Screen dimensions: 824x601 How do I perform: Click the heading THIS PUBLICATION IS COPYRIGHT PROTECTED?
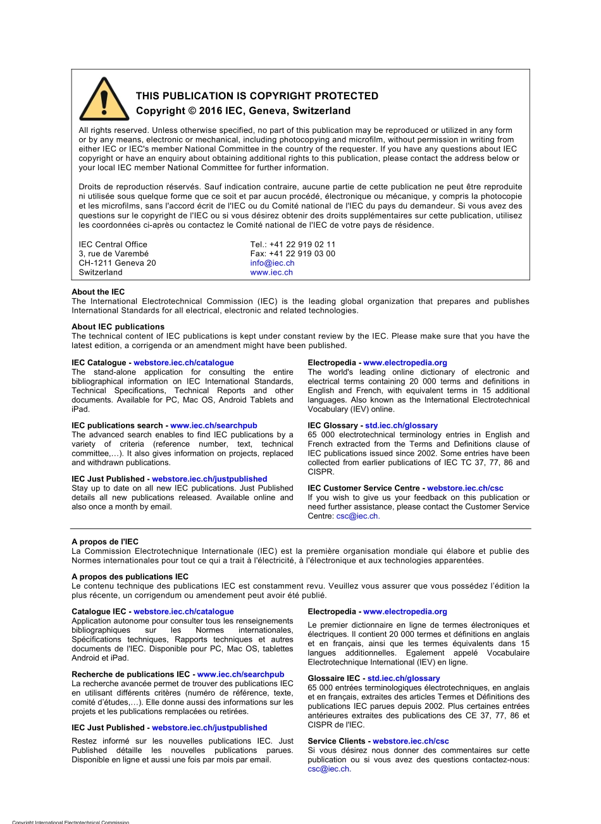(257, 96)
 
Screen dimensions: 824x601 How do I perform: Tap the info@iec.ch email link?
(272, 263)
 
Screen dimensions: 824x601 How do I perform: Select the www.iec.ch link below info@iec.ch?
(271, 273)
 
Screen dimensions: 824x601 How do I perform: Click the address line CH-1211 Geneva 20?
(117, 263)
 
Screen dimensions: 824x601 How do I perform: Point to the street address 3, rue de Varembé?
(114, 254)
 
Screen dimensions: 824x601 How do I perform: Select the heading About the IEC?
(98, 292)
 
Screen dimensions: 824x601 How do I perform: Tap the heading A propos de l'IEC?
(105, 542)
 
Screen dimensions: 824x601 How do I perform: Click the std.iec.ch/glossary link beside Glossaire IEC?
(404, 678)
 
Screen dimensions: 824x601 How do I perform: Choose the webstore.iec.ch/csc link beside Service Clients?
(411, 741)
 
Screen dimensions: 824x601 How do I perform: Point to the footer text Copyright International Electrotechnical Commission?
(70, 821)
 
